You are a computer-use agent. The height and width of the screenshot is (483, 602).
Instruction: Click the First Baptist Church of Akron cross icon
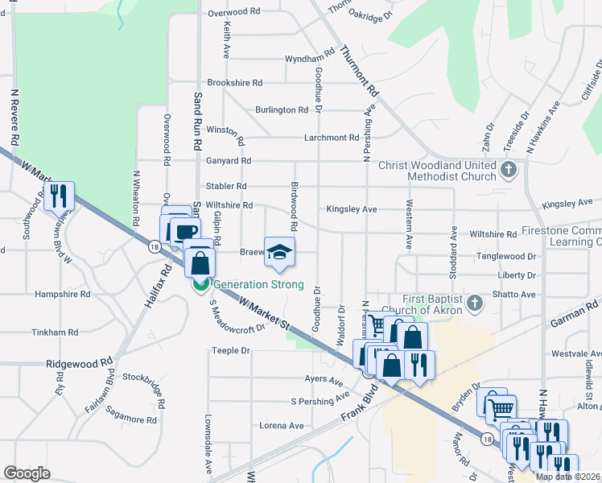[x=475, y=303]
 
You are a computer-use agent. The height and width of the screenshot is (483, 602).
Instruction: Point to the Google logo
[x=27, y=473]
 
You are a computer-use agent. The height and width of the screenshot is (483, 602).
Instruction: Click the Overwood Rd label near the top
[x=234, y=13]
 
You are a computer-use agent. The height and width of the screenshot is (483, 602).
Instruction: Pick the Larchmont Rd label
[x=332, y=138]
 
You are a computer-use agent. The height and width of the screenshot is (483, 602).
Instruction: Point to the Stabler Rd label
[x=225, y=186]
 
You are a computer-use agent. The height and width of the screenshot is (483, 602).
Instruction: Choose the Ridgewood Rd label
[x=78, y=364]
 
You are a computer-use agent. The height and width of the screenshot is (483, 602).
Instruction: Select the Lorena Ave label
[x=282, y=426]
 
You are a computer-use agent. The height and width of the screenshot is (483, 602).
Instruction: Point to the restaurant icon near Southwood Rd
[x=59, y=196]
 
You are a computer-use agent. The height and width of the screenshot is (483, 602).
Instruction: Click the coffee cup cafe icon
[x=184, y=232]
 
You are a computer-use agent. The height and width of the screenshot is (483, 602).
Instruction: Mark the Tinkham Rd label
[x=55, y=332]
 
